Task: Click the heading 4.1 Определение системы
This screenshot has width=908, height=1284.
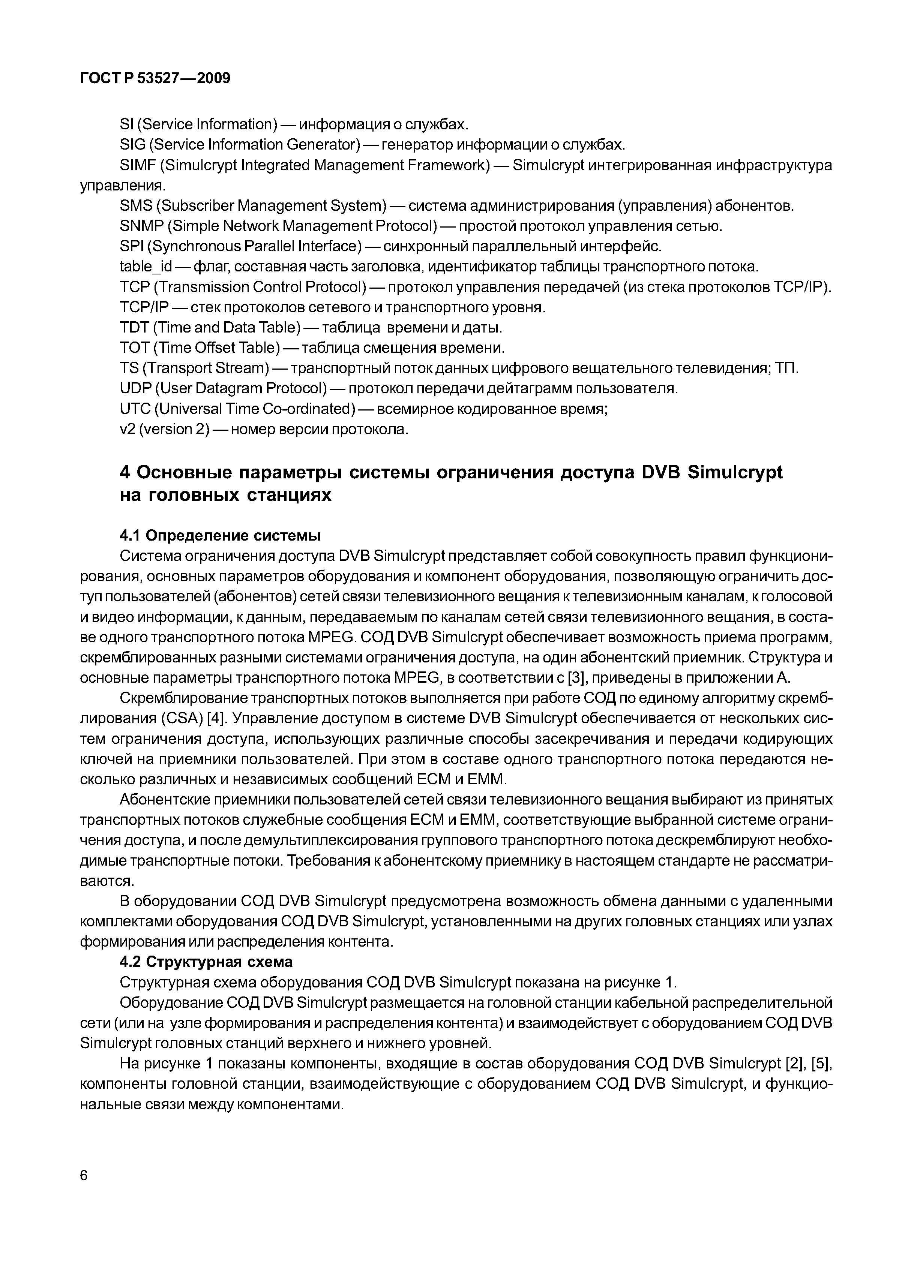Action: [221, 536]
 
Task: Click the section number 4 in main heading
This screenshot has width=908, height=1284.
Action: [125, 473]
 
